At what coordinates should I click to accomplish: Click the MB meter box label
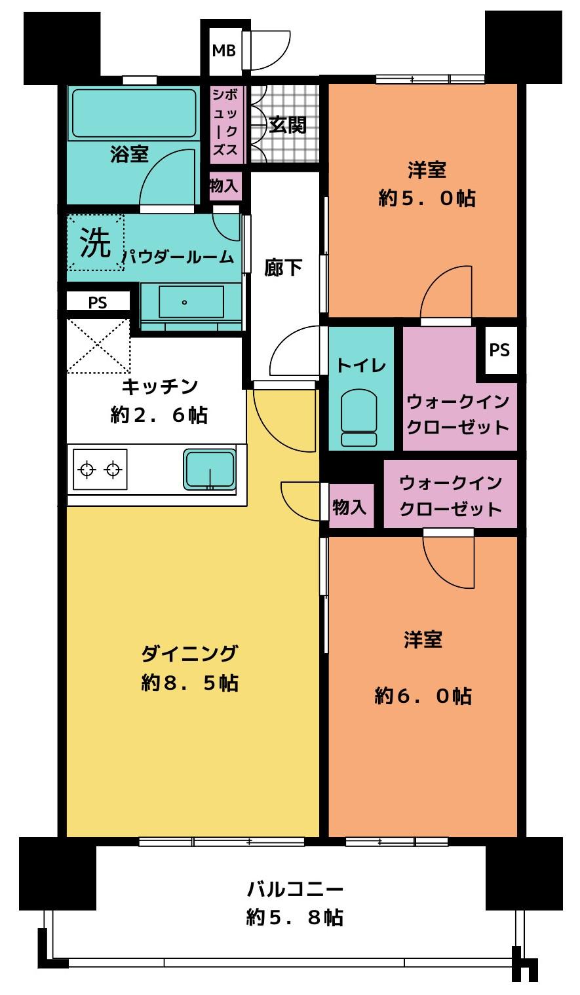(x=223, y=50)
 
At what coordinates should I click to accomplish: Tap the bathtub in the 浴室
(x=134, y=114)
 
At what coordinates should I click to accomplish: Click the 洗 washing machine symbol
(x=96, y=242)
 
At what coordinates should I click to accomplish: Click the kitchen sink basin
(x=210, y=470)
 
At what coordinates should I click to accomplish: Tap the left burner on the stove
(x=87, y=469)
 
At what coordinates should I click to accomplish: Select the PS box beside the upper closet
(x=499, y=350)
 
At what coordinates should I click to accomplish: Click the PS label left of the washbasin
(x=98, y=303)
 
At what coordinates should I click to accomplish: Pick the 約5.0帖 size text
(x=427, y=198)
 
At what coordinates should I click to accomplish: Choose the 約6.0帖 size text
(x=423, y=696)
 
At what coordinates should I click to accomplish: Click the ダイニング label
(x=190, y=654)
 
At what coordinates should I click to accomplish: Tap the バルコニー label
(x=295, y=890)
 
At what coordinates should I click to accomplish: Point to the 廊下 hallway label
(x=283, y=268)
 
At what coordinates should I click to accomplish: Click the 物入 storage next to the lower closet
(x=350, y=506)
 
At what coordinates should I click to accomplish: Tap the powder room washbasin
(x=191, y=302)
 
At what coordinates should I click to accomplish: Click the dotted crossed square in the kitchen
(x=98, y=347)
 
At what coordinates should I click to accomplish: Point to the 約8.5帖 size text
(x=190, y=683)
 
